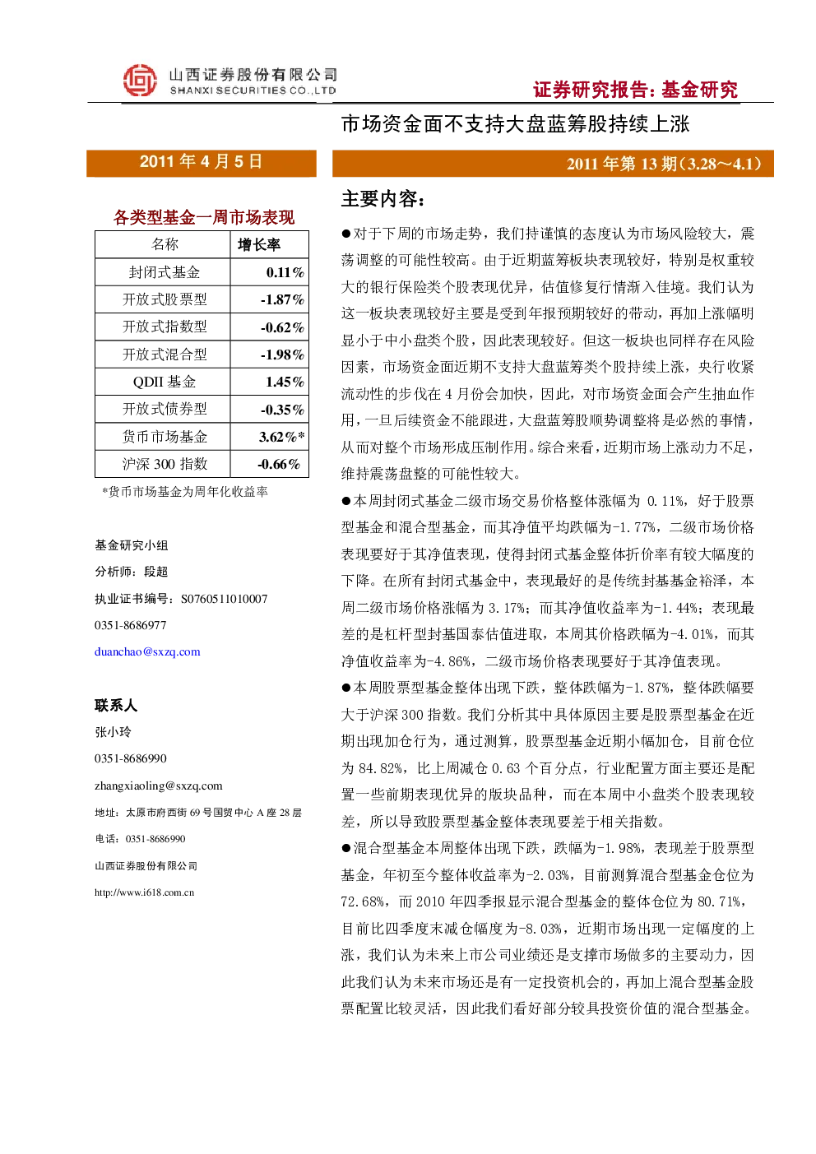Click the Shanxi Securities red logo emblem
click(140, 80)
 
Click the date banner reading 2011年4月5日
click(201, 163)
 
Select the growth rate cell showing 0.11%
click(285, 272)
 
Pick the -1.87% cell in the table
click(282, 299)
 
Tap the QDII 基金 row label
click(165, 382)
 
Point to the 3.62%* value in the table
click(281, 437)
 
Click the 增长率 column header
click(259, 244)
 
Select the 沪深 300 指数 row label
click(165, 464)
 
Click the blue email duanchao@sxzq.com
click(147, 651)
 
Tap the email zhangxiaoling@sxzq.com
click(159, 786)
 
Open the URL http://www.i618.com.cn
click(144, 892)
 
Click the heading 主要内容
click(383, 199)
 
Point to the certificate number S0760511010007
click(224, 599)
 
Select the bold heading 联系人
click(116, 705)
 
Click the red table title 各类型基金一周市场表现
click(203, 217)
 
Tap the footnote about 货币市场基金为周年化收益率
click(185, 492)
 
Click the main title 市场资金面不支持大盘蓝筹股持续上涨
click(515, 124)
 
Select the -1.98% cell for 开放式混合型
click(282, 355)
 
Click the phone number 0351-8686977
click(130, 625)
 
